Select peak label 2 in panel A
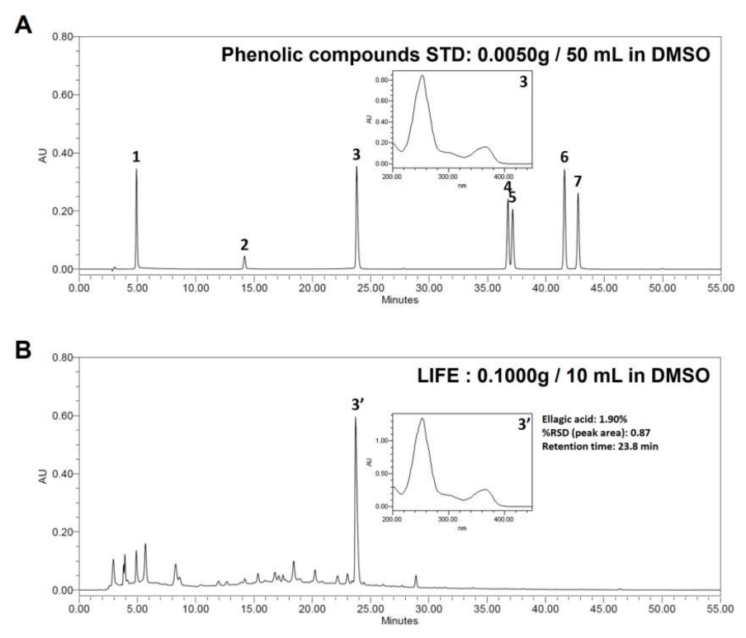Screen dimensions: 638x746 (244, 244)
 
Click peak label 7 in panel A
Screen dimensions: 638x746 (578, 181)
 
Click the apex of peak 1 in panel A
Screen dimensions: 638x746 (137, 170)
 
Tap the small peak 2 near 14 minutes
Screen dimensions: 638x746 (244, 257)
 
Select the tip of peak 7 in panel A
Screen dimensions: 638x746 (578, 195)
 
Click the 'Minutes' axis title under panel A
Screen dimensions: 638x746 (399, 300)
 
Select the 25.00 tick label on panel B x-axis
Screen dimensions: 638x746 (370, 609)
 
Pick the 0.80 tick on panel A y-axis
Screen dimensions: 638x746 (61, 37)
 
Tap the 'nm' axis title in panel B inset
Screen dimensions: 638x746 (461, 527)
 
